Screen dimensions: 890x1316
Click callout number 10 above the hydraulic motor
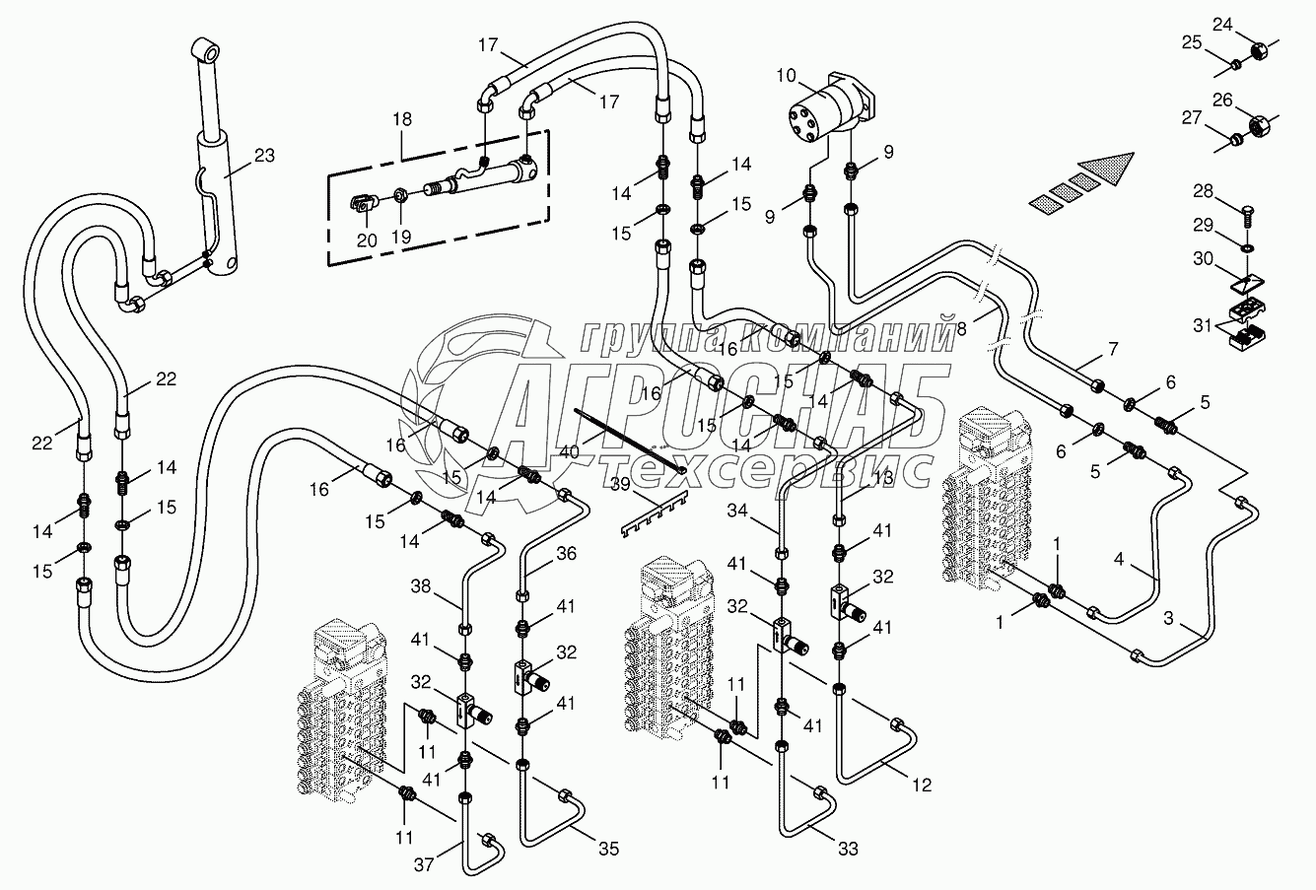[x=786, y=74]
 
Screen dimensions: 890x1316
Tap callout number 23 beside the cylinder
[x=263, y=155]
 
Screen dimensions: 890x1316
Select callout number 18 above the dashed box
[x=402, y=119]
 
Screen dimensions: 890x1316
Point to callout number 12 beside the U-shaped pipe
[x=921, y=786]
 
